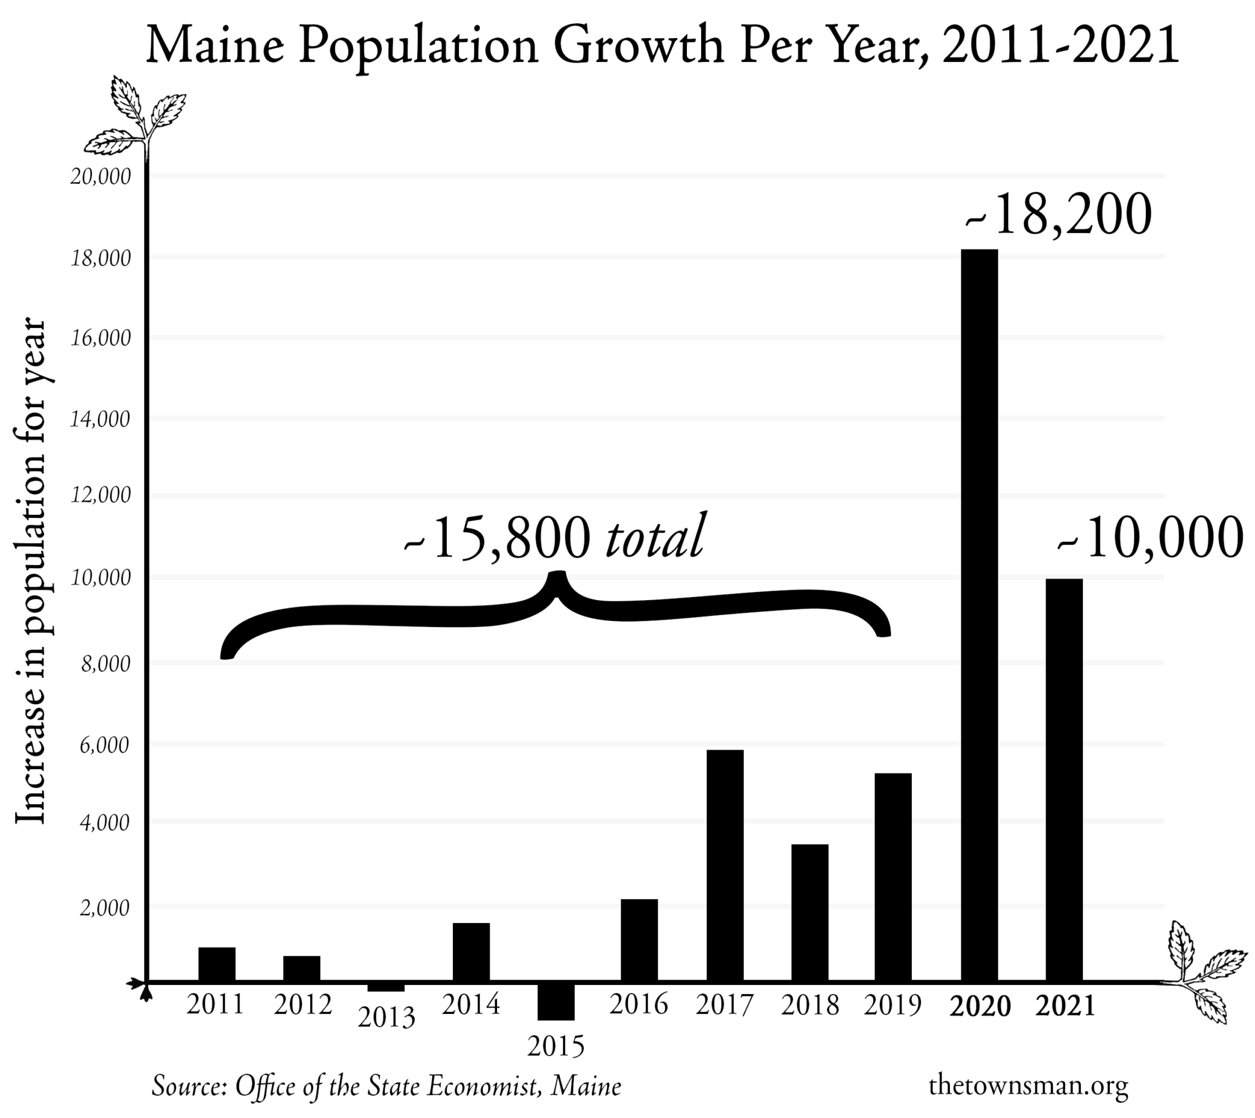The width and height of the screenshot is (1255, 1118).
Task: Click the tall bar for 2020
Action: [979, 614]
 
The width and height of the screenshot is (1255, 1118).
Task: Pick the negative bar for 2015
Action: [556, 1000]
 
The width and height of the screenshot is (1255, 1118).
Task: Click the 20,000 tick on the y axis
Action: [100, 177]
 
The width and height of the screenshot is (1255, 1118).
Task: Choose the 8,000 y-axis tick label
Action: [105, 664]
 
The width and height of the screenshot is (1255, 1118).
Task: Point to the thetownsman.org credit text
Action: [1028, 1085]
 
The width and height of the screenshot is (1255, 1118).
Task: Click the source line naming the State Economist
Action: [386, 1086]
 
